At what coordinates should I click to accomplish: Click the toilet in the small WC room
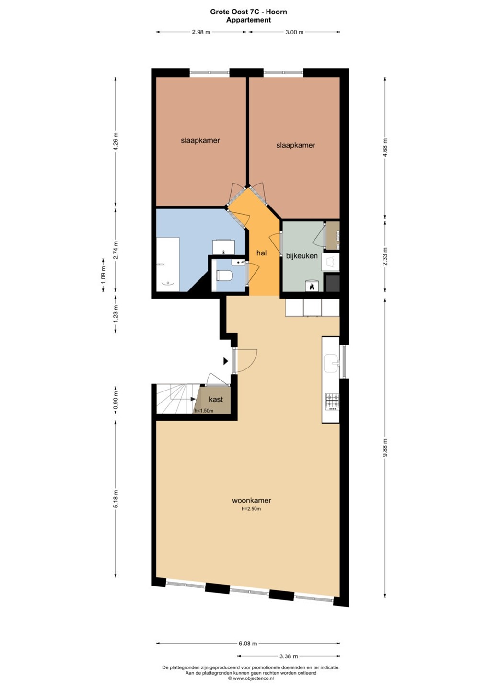pyautogui.click(x=224, y=275)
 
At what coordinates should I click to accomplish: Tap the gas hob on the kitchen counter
pyautogui.click(x=332, y=402)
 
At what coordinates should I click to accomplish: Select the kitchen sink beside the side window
pyautogui.click(x=332, y=364)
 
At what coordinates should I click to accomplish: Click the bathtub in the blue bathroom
pyautogui.click(x=168, y=264)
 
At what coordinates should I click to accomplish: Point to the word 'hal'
pyautogui.click(x=262, y=253)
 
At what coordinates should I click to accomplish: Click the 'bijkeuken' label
pyautogui.click(x=302, y=256)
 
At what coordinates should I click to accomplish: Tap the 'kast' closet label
pyautogui.click(x=216, y=399)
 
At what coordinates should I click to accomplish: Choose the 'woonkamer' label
pyautogui.click(x=251, y=501)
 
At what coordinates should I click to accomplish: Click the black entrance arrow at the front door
pyautogui.click(x=226, y=361)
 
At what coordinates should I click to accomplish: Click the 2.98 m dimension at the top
pyautogui.click(x=201, y=32)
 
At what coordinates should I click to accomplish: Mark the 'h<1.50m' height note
pyautogui.click(x=204, y=411)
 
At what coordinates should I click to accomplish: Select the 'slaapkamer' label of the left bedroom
pyautogui.click(x=200, y=141)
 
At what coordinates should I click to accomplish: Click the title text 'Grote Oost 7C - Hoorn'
pyautogui.click(x=249, y=12)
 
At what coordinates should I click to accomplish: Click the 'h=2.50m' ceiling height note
pyautogui.click(x=251, y=509)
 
